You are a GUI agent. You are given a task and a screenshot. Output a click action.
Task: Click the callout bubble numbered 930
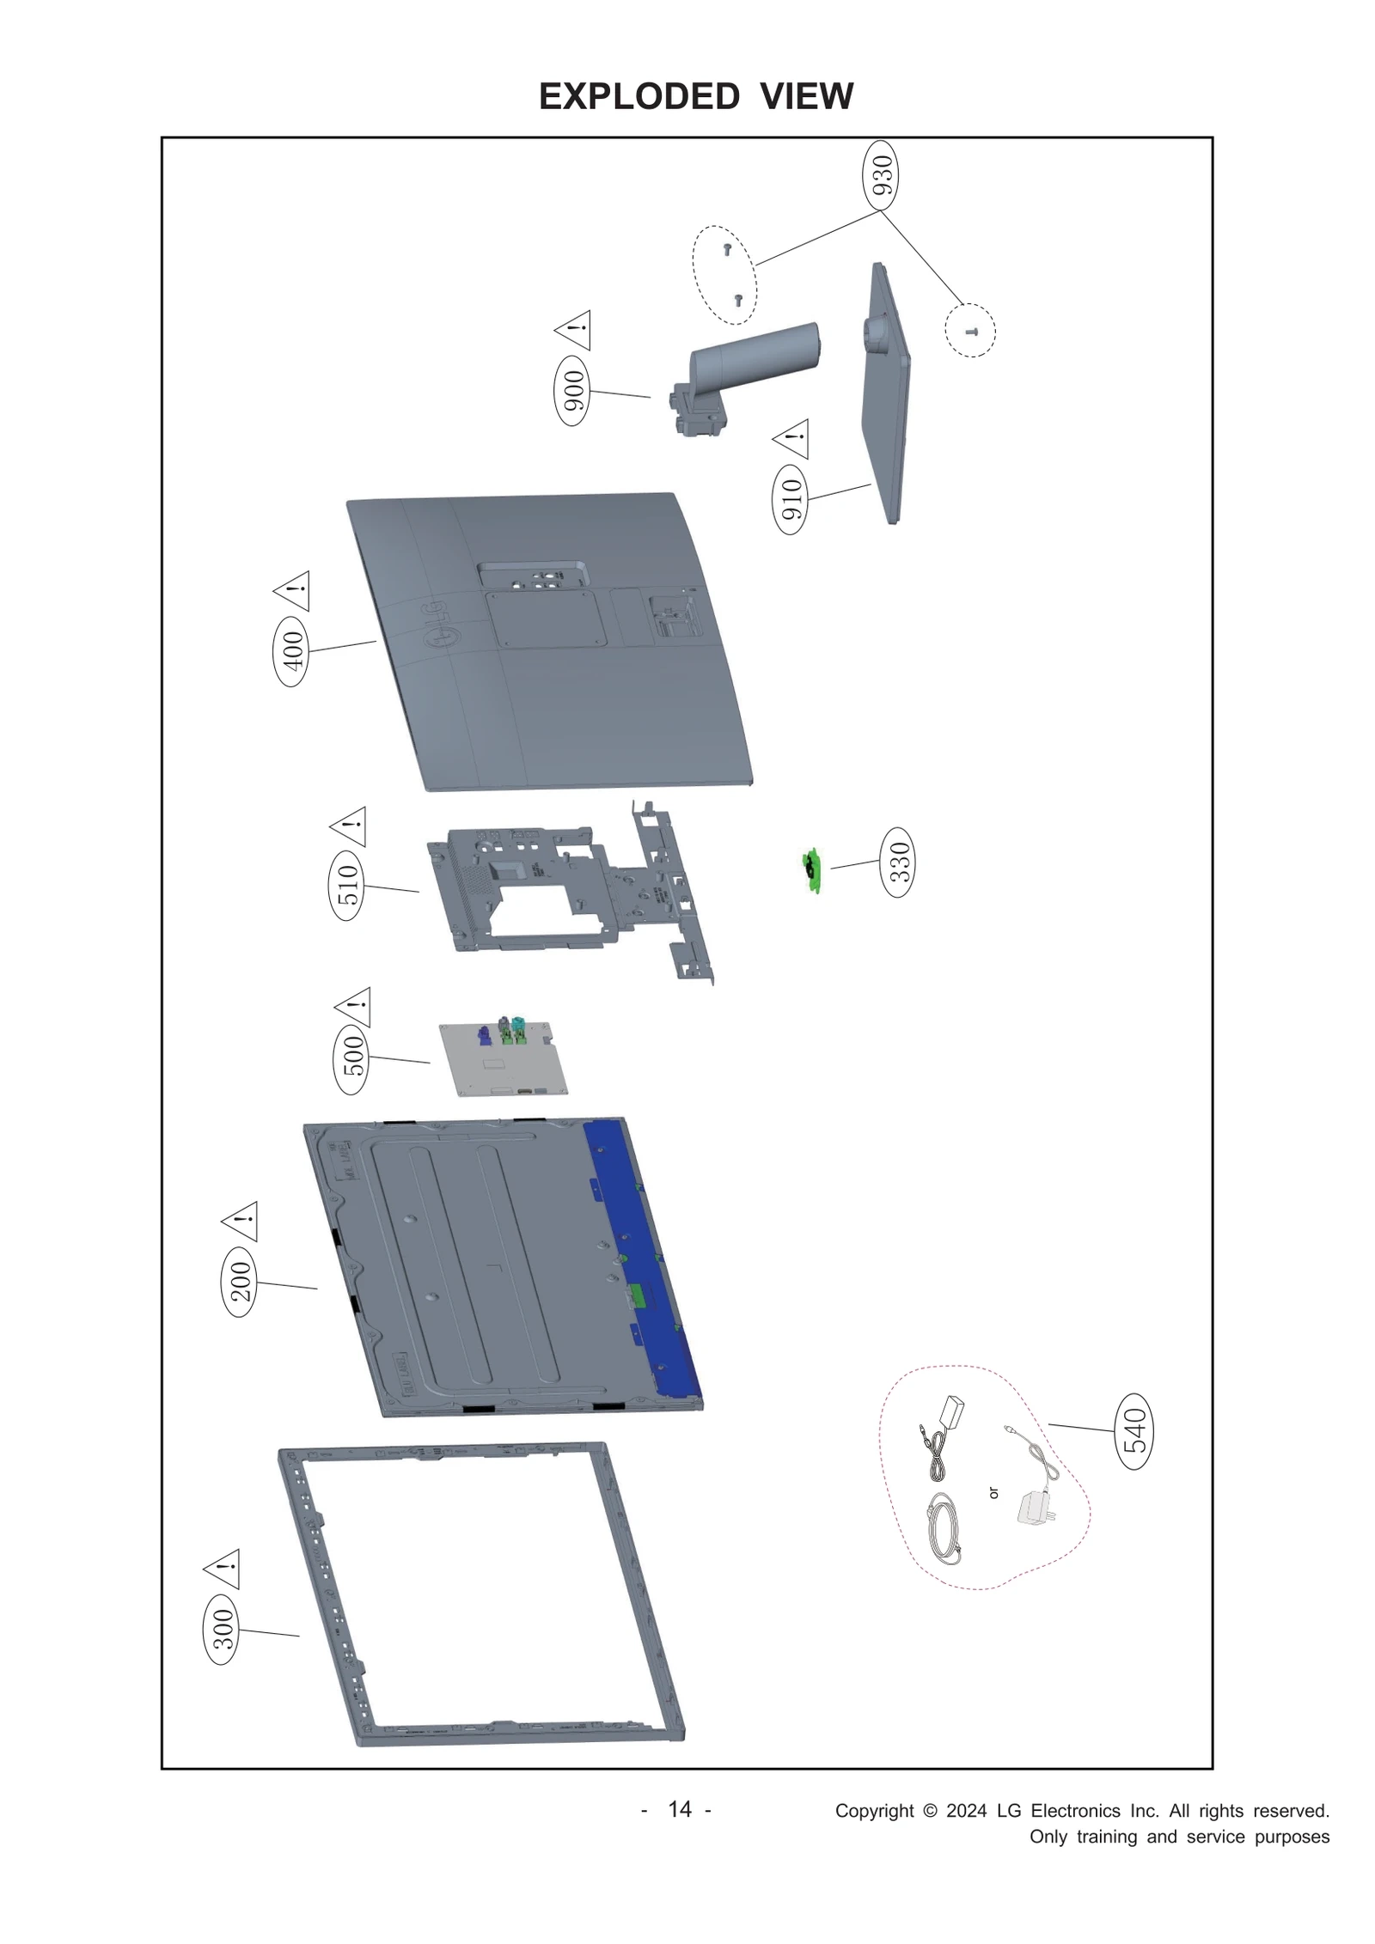880,175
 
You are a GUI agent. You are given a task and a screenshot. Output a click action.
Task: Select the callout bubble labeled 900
572,391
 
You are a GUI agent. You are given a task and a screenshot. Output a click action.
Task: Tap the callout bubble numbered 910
791,499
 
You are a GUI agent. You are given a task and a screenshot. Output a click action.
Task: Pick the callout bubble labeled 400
292,650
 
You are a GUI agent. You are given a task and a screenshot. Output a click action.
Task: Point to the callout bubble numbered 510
347,885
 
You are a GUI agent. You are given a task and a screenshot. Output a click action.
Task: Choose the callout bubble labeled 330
897,862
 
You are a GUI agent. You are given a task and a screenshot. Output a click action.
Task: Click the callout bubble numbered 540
1134,1430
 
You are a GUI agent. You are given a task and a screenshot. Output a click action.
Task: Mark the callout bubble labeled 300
222,1630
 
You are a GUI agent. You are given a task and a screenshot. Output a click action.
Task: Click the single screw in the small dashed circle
971,331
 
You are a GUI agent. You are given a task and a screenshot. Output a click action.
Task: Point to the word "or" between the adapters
993,1493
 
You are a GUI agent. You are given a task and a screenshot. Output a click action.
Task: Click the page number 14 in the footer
679,1809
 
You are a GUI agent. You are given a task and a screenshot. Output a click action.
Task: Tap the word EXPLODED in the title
639,96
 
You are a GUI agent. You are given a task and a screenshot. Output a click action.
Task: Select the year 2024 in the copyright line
966,1811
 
